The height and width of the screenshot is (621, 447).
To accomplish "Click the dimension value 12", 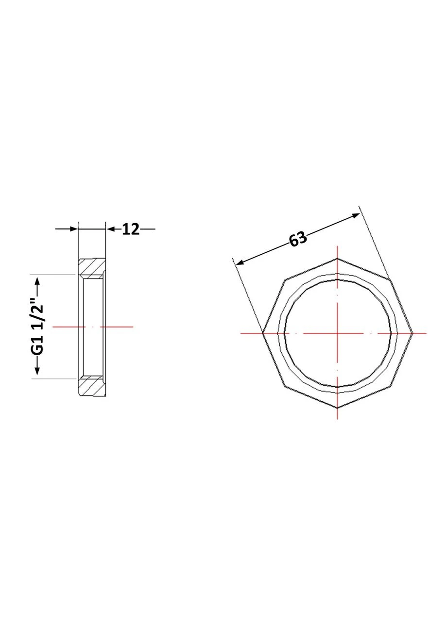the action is pos(131,229).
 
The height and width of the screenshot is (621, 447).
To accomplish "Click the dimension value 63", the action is pos(298,239).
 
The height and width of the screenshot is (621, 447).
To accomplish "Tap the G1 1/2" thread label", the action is pos(37,327).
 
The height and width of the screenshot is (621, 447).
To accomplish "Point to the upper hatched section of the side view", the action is pos(92,269).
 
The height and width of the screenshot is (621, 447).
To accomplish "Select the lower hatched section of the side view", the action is pos(92,386).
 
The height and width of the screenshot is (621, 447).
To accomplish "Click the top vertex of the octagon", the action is pos(337,259).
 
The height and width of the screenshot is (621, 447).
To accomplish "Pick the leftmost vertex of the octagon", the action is pos(262,333).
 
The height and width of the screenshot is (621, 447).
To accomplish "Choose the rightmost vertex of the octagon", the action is pos(413,333).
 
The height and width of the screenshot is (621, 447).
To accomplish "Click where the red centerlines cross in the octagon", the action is pos(337,333).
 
